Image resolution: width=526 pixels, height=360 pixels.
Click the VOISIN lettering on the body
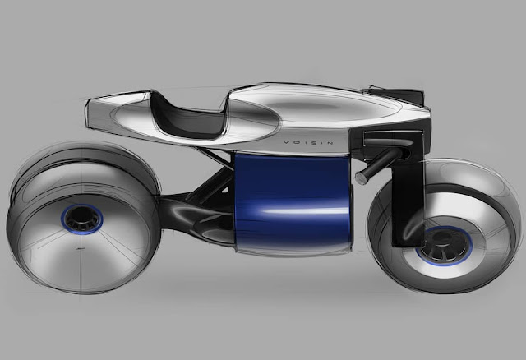coord(308,142)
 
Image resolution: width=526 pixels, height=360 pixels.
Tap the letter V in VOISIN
coord(287,142)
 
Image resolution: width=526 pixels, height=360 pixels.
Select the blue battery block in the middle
coord(293,201)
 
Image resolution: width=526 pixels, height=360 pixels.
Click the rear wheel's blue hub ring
coord(82,219)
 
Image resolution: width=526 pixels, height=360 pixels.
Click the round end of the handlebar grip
coord(361,178)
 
